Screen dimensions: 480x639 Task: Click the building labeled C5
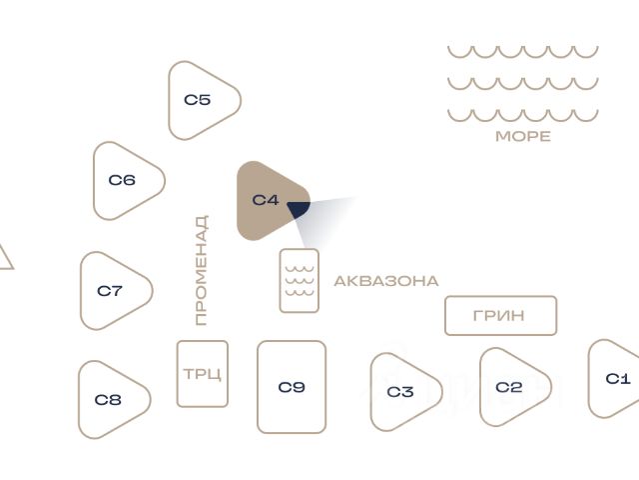point(201,100)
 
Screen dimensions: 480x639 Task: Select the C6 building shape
point(125,181)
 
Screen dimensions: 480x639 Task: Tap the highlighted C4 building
point(266,200)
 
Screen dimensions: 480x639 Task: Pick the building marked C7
point(113,291)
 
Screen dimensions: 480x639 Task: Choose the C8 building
point(111,400)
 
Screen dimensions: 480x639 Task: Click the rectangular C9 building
point(292,387)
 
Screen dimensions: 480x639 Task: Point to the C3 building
point(401,391)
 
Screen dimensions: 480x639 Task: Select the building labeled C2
point(510,387)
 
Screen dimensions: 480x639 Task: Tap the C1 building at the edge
point(616,379)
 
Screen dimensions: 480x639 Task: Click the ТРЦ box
point(203,374)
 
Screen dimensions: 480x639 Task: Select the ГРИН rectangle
point(499,316)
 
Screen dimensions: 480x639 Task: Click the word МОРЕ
point(523,136)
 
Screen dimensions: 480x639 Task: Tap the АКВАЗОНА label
point(385,281)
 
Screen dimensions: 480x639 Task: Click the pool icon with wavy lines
point(300,280)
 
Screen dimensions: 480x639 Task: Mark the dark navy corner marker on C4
point(299,208)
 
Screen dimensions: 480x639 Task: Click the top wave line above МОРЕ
point(522,51)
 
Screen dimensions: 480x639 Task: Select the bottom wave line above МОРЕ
point(522,115)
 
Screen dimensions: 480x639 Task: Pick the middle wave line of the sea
point(522,83)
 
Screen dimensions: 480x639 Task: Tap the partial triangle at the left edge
point(4,259)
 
